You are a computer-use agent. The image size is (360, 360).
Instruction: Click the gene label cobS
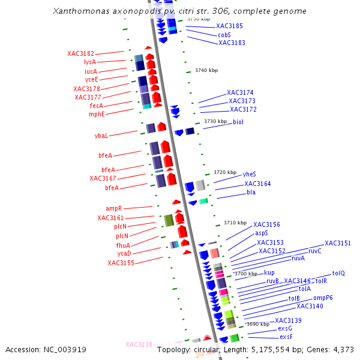point(225,35)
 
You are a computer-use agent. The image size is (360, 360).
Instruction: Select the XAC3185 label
point(229,26)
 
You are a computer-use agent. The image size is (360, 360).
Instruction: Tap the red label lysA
point(90,62)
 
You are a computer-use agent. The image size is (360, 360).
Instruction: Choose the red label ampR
point(113,209)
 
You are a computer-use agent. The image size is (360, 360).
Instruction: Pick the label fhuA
point(123,245)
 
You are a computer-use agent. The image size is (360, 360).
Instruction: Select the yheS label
point(250,174)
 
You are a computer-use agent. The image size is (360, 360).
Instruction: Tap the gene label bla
point(251,193)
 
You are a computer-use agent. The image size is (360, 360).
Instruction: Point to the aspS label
point(262,233)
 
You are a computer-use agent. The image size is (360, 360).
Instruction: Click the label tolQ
point(338,273)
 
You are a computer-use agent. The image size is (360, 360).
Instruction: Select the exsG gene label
point(285,329)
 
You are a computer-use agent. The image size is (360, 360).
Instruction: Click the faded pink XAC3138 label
point(139,345)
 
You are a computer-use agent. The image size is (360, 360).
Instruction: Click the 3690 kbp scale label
point(258,324)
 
